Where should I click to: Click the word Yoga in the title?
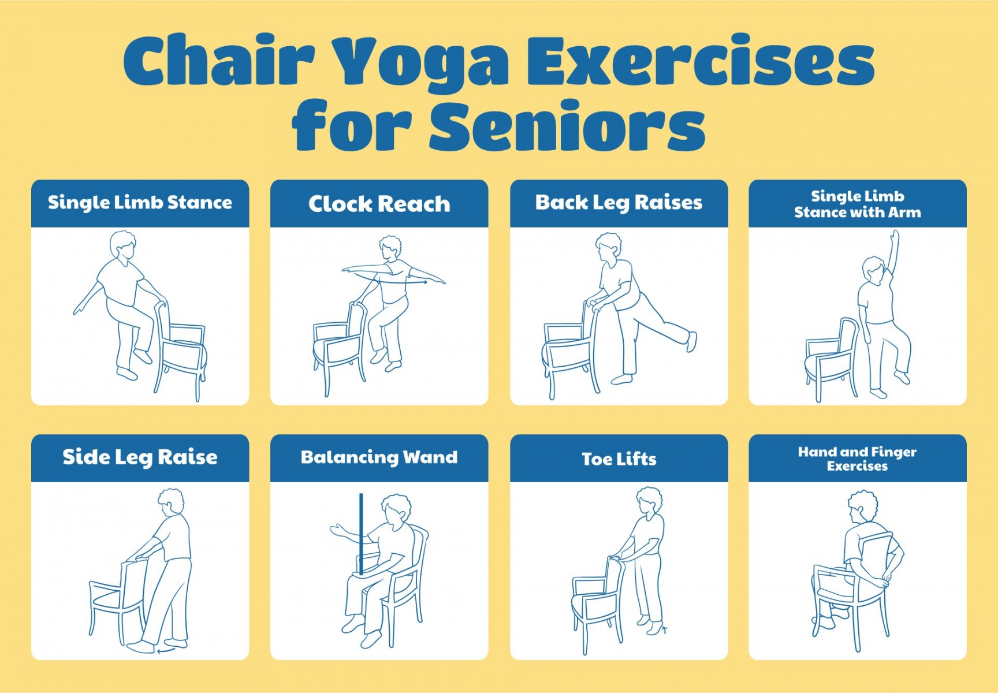click(421, 62)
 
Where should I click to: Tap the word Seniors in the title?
click(567, 125)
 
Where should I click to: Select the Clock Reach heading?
click(379, 204)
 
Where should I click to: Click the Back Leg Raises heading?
click(619, 203)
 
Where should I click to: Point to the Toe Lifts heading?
click(619, 459)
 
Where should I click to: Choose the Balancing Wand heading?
click(379, 457)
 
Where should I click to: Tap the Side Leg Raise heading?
click(140, 457)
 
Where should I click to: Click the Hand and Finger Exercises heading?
click(858, 459)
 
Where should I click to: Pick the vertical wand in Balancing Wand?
click(361, 534)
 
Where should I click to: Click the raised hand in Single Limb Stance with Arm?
click(895, 237)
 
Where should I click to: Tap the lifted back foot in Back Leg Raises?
click(691, 341)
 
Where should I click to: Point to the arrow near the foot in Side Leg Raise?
click(166, 650)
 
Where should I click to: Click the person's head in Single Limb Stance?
click(123, 245)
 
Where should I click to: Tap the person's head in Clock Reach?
click(390, 248)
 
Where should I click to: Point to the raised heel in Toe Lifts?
click(663, 628)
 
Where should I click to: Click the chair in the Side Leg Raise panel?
click(116, 601)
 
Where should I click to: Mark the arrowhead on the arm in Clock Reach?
click(424, 282)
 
